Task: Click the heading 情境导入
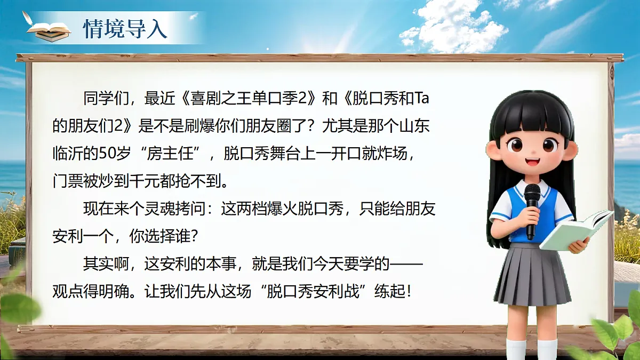(125, 29)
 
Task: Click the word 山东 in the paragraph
(414, 126)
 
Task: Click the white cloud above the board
(453, 27)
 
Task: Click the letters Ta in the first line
(421, 98)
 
